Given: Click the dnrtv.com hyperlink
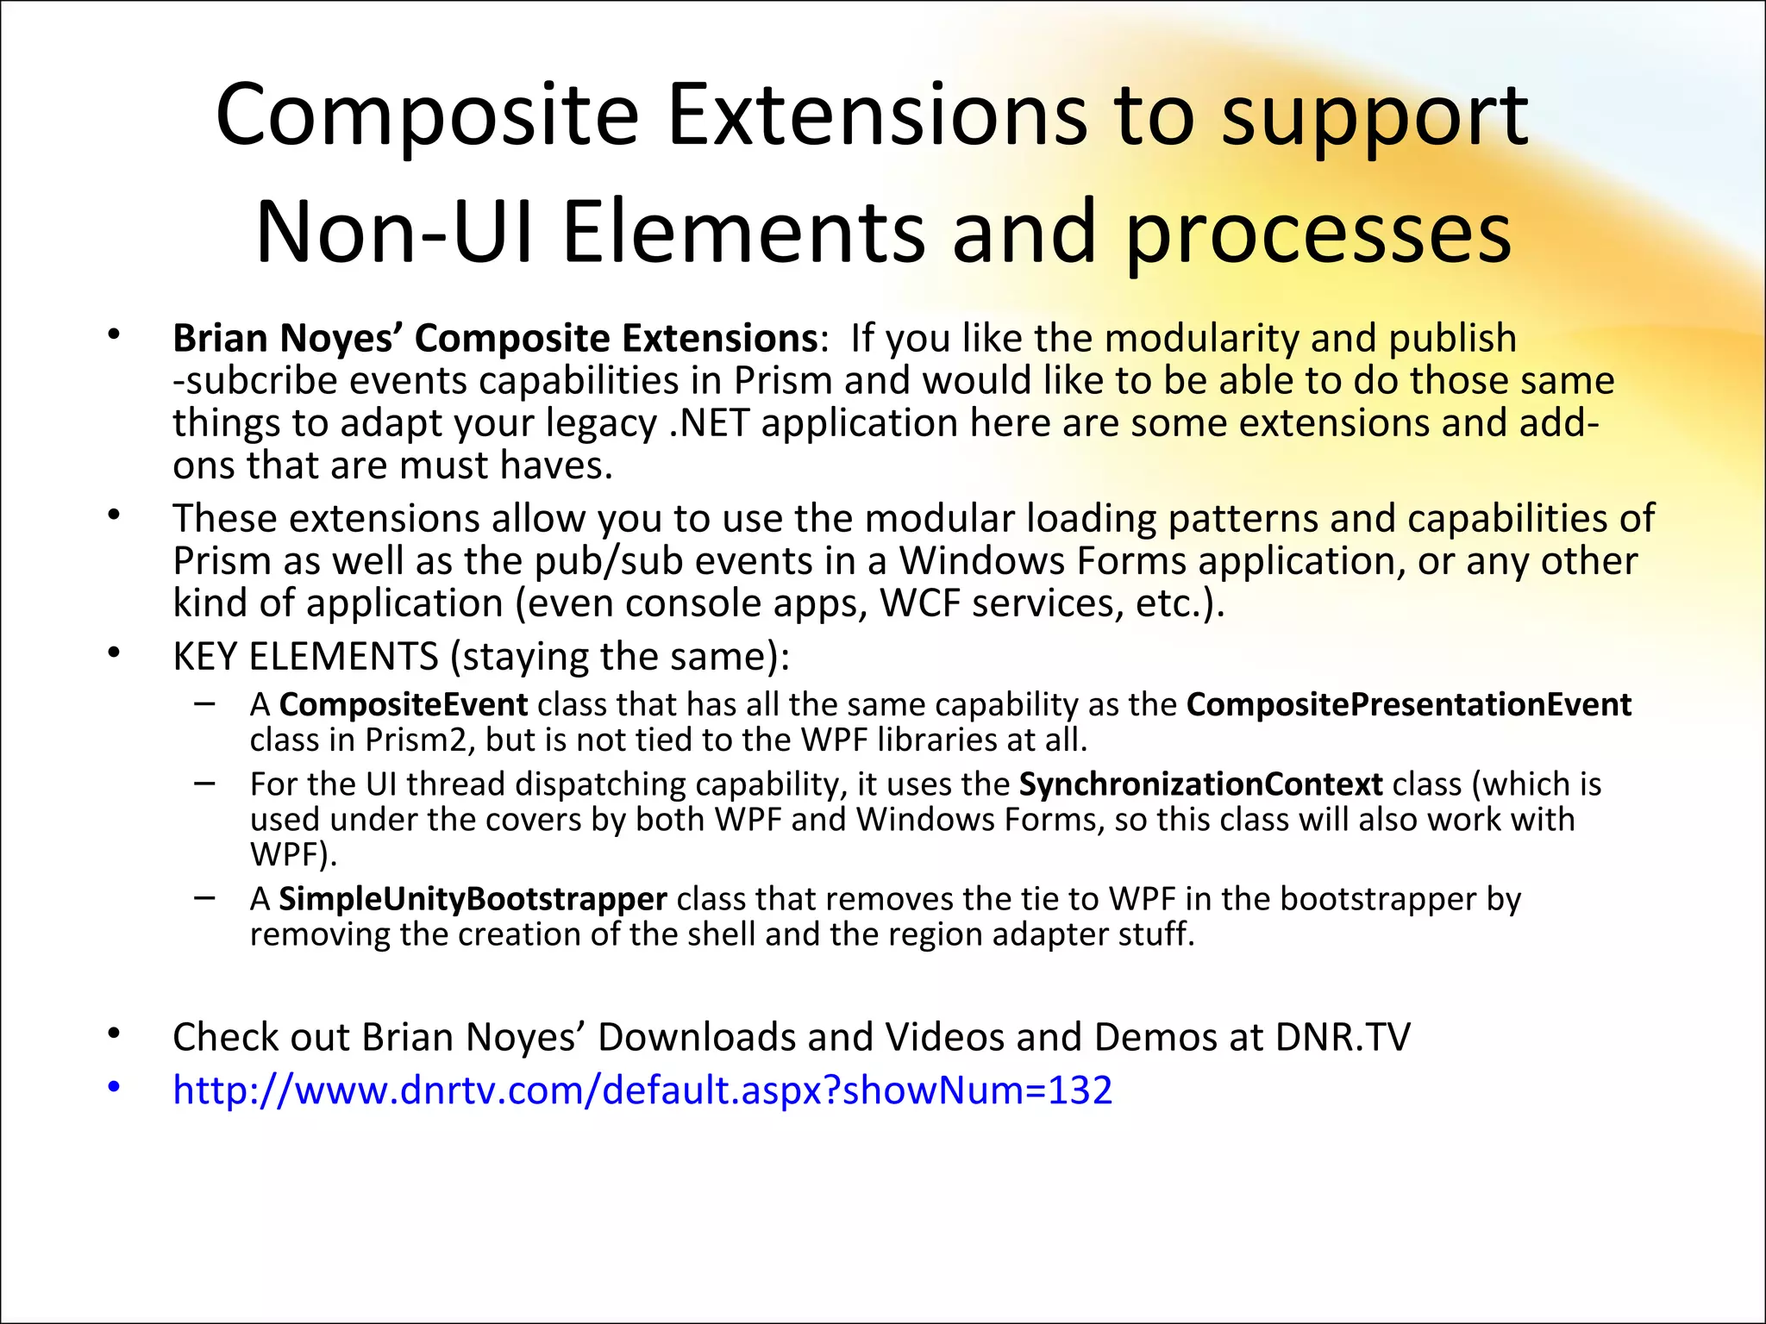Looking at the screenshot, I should pyautogui.click(x=642, y=1090).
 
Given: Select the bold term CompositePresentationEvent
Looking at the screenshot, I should pyautogui.click(x=1408, y=705).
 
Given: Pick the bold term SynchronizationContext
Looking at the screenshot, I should pyautogui.click(x=1200, y=784).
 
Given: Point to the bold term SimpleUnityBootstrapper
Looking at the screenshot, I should pyautogui.click(x=473, y=899).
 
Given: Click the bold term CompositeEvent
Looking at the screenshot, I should pyautogui.click(x=403, y=705).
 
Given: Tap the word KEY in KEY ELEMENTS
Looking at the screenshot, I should pyautogui.click(x=205, y=657).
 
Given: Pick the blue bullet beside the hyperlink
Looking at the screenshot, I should pyautogui.click(x=114, y=1088).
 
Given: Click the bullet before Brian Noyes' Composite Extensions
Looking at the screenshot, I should pyautogui.click(x=114, y=336).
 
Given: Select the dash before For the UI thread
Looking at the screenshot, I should pyautogui.click(x=205, y=784).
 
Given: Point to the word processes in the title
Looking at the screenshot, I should pyautogui.click(x=1318, y=233).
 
